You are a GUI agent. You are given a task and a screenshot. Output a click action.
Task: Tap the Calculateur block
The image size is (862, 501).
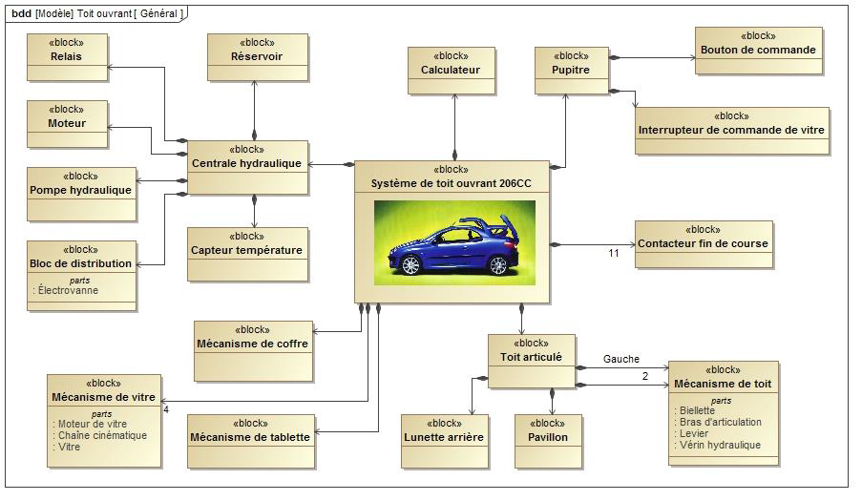pyautogui.click(x=451, y=71)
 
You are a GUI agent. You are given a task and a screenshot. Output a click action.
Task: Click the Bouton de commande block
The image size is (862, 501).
pyautogui.click(x=758, y=51)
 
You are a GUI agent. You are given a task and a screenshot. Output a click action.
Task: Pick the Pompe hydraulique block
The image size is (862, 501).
pyautogui.click(x=80, y=190)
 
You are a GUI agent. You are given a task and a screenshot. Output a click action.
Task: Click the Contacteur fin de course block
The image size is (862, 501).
pyautogui.click(x=703, y=244)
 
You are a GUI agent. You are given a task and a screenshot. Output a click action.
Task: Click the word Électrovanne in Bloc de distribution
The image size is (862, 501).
pyautogui.click(x=68, y=290)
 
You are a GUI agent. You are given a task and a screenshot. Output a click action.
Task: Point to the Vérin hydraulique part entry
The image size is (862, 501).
pyautogui.click(x=723, y=445)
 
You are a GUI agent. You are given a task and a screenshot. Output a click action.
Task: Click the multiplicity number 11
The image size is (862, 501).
pyautogui.click(x=614, y=254)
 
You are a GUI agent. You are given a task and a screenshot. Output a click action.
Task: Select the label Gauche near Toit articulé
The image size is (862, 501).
pyautogui.click(x=620, y=360)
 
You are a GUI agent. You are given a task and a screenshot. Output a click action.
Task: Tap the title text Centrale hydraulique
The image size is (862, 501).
pyautogui.click(x=246, y=163)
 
